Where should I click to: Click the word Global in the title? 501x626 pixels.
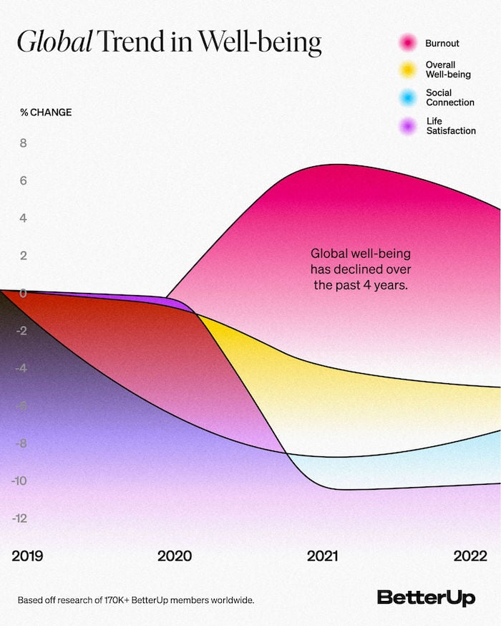point(54,44)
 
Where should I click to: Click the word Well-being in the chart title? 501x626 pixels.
point(260,44)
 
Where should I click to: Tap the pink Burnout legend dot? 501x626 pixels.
point(408,44)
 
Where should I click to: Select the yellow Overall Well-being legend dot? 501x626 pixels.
point(408,69)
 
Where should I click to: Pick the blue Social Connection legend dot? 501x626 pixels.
point(408,97)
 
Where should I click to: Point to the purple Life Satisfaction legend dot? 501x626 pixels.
point(408,126)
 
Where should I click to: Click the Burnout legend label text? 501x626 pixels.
point(442,44)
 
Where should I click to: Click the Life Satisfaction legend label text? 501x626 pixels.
point(450,126)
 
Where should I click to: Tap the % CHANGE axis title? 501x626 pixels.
point(46,112)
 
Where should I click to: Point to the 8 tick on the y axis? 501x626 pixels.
point(23,143)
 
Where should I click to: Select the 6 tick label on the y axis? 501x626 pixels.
point(23,180)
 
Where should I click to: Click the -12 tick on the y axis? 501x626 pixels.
point(19,518)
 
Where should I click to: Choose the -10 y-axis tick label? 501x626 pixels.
point(19,481)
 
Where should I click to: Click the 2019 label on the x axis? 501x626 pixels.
point(27,556)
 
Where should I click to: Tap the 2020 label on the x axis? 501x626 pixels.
point(175,556)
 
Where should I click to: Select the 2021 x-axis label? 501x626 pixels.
point(323,556)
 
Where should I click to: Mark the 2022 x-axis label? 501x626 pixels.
point(470,556)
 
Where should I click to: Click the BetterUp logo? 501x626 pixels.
point(426,598)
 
